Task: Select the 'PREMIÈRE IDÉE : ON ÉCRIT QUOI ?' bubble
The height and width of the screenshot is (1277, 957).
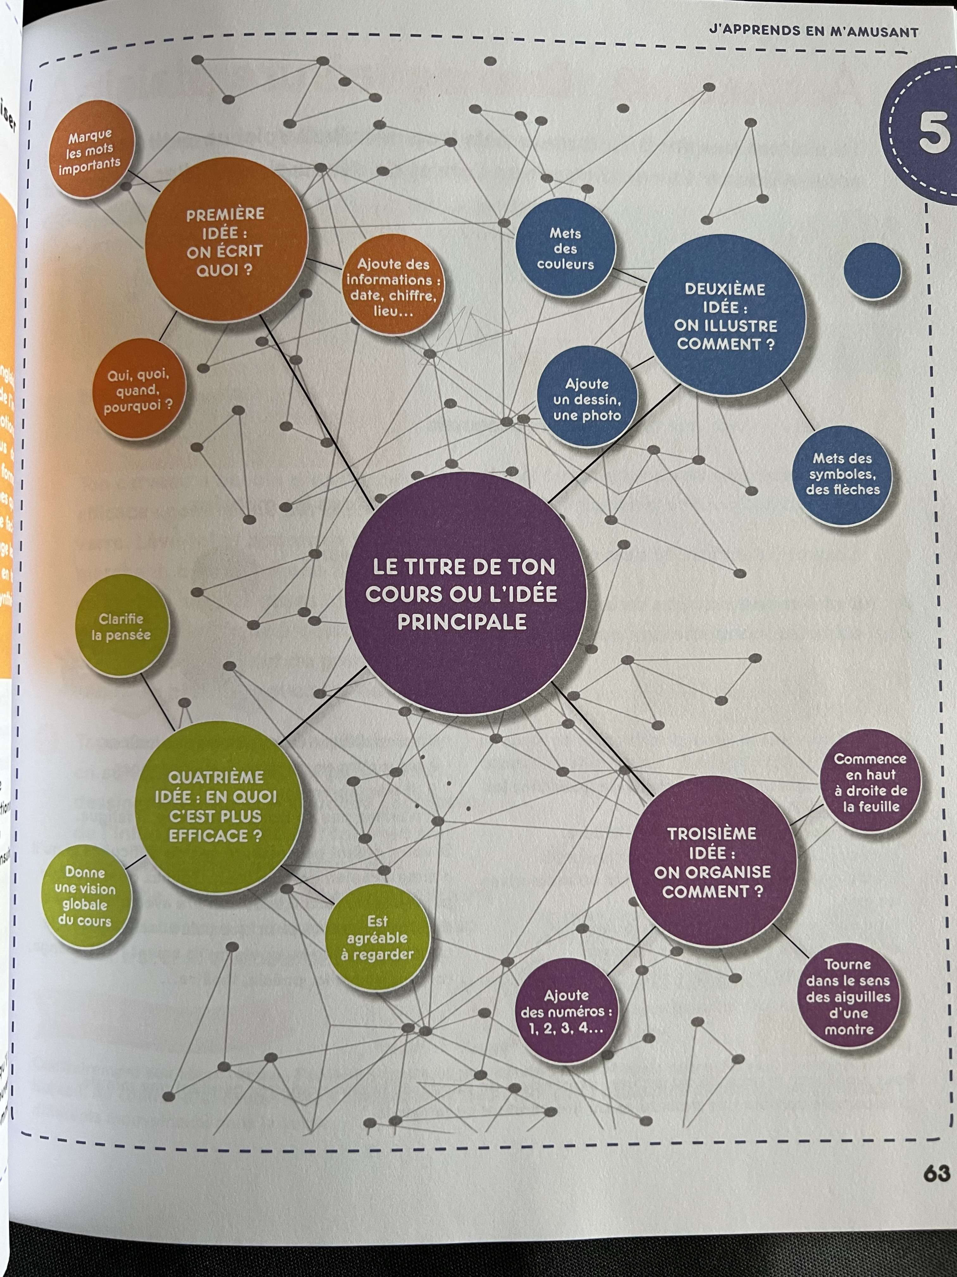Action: pyautogui.click(x=225, y=241)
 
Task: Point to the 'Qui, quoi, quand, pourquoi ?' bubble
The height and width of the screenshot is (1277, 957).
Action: pyautogui.click(x=138, y=390)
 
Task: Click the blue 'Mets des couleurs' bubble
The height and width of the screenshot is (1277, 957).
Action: pyautogui.click(x=565, y=248)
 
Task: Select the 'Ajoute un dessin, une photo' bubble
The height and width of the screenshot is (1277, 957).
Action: pyautogui.click(x=587, y=398)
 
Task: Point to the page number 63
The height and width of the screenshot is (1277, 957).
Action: pyautogui.click(x=936, y=1174)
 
